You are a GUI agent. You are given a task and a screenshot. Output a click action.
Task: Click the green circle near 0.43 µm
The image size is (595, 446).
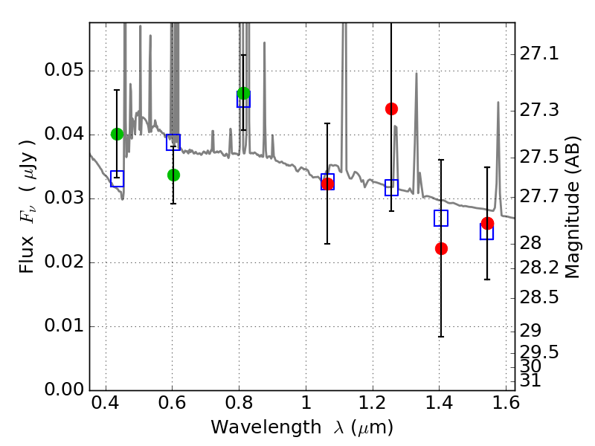click(118, 134)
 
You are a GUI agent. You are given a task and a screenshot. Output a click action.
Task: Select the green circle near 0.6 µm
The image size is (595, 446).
click(173, 175)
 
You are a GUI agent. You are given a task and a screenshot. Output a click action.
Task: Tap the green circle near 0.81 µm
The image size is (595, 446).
click(244, 93)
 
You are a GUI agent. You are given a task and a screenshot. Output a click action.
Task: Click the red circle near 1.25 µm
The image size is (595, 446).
click(392, 109)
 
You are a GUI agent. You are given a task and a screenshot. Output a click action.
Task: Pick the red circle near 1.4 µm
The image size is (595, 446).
click(441, 249)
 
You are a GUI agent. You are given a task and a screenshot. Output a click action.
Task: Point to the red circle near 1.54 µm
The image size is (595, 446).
click(487, 223)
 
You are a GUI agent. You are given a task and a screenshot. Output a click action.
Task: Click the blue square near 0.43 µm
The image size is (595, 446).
click(118, 178)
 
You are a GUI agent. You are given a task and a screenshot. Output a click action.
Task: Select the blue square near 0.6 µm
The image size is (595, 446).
click(173, 142)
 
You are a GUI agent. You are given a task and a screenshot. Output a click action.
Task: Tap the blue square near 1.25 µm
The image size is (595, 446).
click(392, 188)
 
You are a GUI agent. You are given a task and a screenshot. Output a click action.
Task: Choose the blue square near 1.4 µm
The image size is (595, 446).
click(441, 218)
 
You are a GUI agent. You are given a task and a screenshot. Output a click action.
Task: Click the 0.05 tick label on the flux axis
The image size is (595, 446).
click(64, 70)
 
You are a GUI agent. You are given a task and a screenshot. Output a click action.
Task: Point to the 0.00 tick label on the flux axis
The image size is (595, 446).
click(64, 390)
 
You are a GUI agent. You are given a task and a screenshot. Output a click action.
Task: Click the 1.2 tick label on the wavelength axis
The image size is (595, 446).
click(373, 403)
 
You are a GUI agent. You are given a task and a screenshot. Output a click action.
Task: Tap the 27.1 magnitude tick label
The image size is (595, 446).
click(538, 54)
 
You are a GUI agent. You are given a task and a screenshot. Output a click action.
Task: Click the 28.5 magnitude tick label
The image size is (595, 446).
click(538, 298)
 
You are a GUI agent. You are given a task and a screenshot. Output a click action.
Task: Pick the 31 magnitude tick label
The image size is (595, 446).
click(530, 381)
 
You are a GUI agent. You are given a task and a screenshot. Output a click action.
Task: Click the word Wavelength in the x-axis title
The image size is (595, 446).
click(266, 427)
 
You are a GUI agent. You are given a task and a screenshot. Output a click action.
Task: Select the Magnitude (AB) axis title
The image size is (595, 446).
click(572, 207)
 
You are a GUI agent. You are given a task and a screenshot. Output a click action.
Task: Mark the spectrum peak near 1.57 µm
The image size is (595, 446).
click(498, 102)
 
